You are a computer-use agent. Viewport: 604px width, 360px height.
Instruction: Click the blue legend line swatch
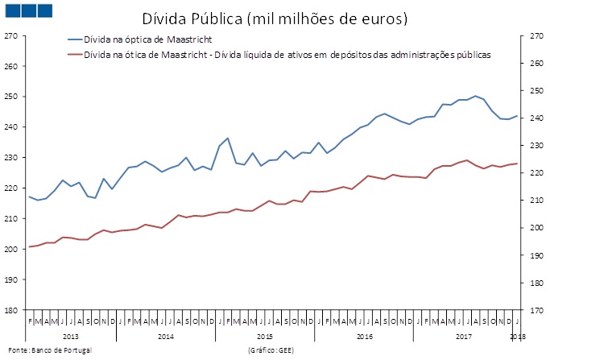coord(76,39)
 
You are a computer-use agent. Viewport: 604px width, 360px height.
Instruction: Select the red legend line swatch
coord(76,55)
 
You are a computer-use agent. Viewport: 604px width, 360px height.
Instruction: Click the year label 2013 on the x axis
coord(70,335)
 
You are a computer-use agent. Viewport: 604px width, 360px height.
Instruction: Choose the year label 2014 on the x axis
coord(166,335)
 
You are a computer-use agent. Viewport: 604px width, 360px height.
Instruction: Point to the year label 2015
coord(266,335)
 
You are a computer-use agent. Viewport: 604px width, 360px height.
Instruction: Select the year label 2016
coord(364,335)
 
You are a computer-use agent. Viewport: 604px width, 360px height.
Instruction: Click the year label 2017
coord(464,335)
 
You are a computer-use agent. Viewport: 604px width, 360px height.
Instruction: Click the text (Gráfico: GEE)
coord(272,350)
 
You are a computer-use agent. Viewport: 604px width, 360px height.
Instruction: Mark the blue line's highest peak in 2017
coord(475,96)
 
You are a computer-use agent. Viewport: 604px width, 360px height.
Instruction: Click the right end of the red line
coord(516,163)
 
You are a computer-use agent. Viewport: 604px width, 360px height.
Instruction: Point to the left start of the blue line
coord(29,197)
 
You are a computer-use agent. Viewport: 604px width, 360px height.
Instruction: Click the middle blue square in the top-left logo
coord(27,10)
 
